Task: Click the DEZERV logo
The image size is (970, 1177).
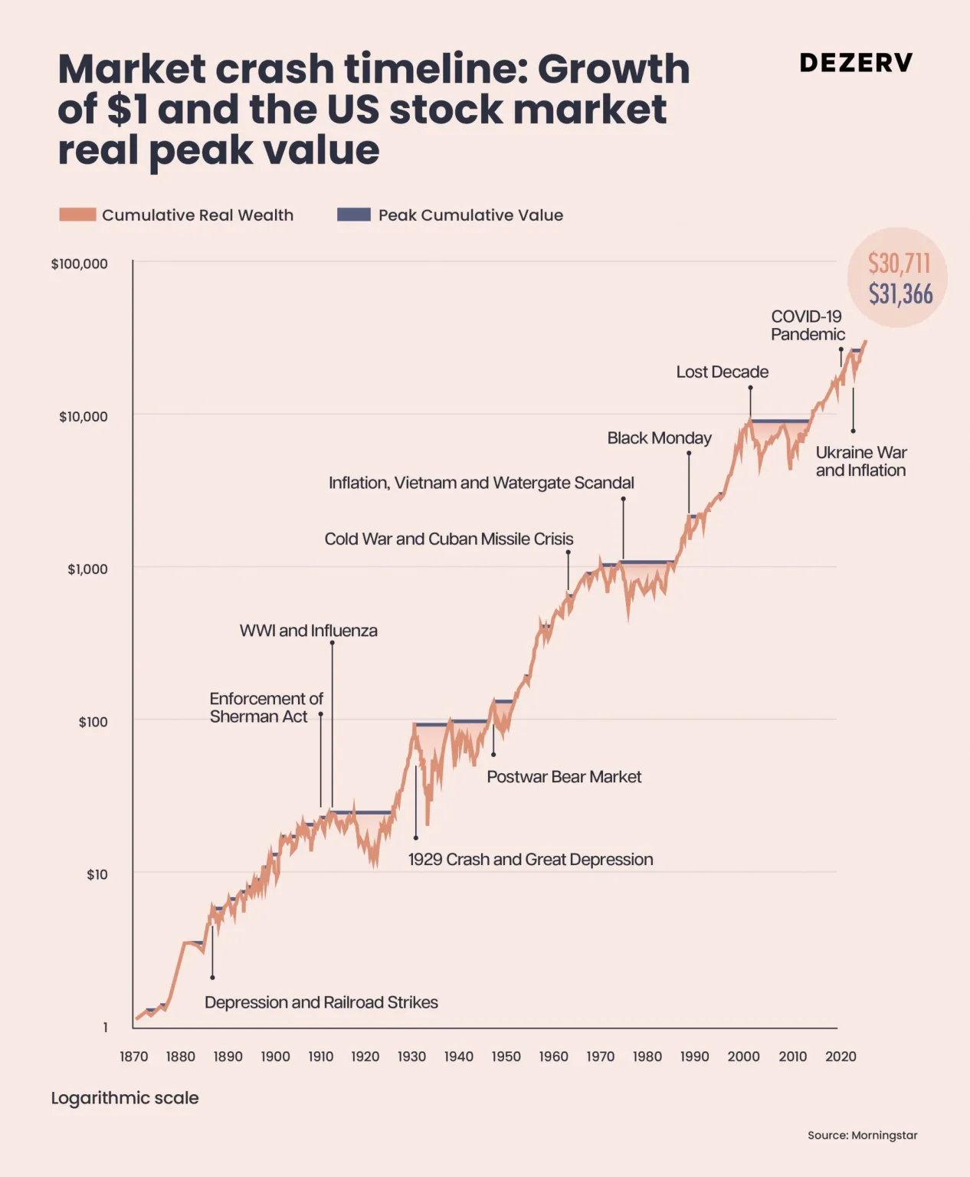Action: coord(856,63)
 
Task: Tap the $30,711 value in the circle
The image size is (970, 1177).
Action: coord(899,264)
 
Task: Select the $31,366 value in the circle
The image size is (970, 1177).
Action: coord(900,294)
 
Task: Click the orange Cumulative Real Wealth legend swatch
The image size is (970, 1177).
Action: coord(77,215)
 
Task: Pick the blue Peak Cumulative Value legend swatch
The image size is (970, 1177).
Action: coord(354,215)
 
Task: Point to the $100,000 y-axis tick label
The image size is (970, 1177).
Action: coord(80,264)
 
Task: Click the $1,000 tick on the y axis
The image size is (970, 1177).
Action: coord(87,569)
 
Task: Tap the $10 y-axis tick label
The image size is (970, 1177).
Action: coord(97,874)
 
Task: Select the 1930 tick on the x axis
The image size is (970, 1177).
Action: coord(411,1056)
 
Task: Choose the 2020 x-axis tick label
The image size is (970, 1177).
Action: coord(841,1056)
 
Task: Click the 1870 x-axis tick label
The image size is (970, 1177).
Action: coord(134,1056)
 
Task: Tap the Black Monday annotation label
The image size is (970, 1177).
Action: coord(659,438)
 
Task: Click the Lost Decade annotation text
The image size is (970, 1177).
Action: coord(722,372)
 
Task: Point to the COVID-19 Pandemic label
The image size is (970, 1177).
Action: coord(808,325)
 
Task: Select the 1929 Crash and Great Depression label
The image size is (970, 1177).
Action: coord(530,859)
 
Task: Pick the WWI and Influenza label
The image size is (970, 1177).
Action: coord(308,631)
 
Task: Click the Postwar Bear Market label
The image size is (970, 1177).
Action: coord(564,777)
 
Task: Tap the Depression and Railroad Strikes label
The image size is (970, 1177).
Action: coord(321,1002)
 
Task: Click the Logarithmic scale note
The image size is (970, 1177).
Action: coord(125,1098)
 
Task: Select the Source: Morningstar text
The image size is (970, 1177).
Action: coord(862,1135)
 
